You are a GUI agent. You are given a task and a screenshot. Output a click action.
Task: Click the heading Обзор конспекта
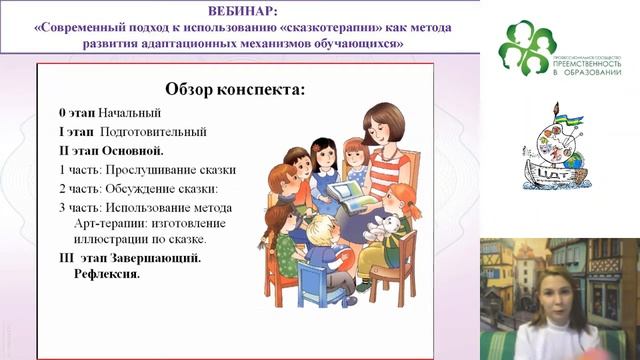[x=233, y=89]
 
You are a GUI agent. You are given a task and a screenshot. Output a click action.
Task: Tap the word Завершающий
[x=153, y=257]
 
